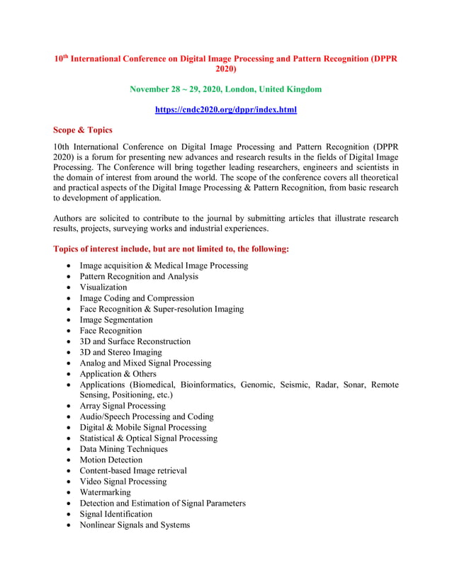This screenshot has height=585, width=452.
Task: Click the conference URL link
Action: [225, 110]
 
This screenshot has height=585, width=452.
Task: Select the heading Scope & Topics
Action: [82, 130]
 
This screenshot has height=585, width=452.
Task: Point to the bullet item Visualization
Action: [103, 288]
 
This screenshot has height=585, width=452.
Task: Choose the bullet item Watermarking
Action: [105, 492]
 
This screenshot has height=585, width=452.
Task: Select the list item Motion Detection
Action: [111, 460]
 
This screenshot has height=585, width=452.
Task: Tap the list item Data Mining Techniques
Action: [123, 449]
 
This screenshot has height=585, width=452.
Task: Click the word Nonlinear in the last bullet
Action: [100, 525]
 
